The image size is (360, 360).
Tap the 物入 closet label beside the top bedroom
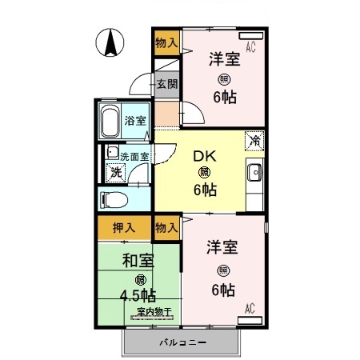(x=166, y=42)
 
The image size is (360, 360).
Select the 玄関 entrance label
(x=166, y=84)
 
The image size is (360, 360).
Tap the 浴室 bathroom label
(x=135, y=122)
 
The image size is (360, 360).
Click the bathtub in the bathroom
(x=110, y=122)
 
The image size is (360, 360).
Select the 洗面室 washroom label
(x=134, y=155)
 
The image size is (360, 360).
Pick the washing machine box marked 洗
(x=117, y=170)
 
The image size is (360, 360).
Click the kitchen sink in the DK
(x=255, y=171)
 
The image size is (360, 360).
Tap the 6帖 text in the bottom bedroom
(x=223, y=288)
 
